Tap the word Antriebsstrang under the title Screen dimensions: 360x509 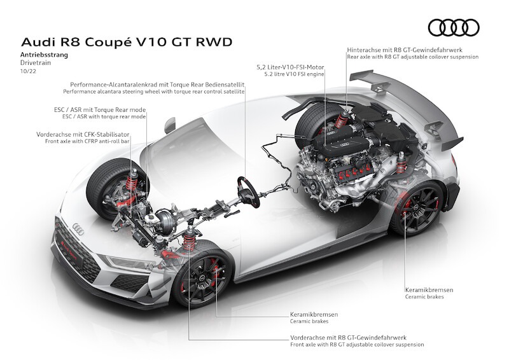[45, 55]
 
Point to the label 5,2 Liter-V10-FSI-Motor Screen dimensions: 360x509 [291, 66]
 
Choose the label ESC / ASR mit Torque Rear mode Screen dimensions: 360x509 [100, 109]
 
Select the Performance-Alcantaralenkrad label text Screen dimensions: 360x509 [158, 85]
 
